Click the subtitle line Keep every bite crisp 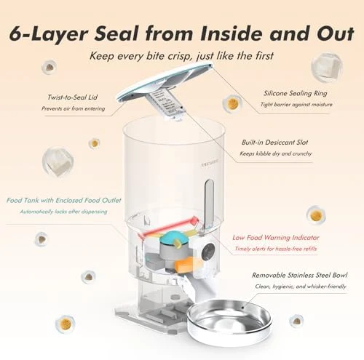182,55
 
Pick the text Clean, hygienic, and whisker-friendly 298,288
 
